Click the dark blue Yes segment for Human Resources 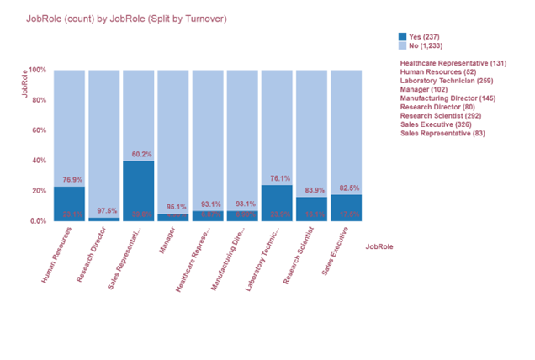pos(69,204)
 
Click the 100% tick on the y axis pos(39,70)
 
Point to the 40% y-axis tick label pos(40,161)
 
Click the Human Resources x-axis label pos(58,257)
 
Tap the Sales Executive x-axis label pos(334,253)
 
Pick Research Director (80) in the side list pos(439,107)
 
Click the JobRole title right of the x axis pos(379,246)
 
